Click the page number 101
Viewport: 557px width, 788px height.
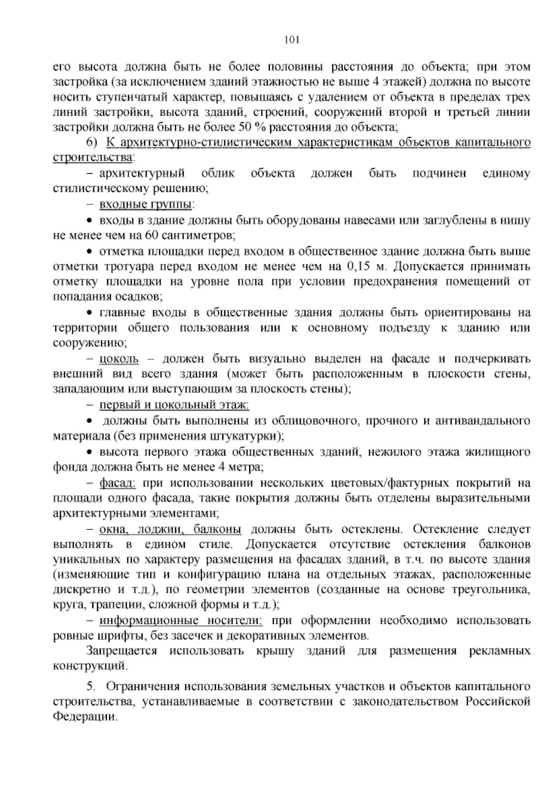click(x=292, y=40)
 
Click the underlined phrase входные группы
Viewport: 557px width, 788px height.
click(x=146, y=204)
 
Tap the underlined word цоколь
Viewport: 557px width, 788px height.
click(x=119, y=359)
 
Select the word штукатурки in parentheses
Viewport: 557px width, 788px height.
click(x=246, y=436)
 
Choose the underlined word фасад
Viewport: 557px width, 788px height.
click(x=117, y=483)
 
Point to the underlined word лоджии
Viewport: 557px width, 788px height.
click(x=162, y=529)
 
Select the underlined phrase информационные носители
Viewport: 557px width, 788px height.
click(x=181, y=621)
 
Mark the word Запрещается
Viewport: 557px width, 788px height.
click(x=122, y=651)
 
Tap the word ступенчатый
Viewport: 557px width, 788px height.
click(x=131, y=98)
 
